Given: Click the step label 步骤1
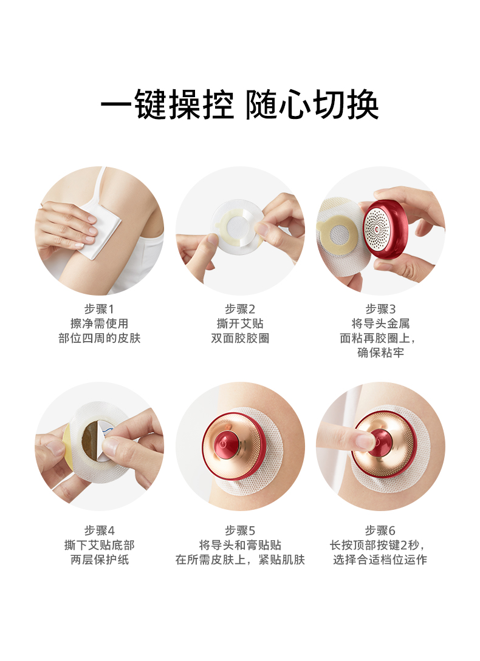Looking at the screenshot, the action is tap(99, 309).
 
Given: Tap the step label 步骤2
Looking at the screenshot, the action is tap(240, 309).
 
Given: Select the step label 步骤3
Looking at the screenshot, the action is tap(380, 309).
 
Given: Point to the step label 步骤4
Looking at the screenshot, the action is tap(99, 530).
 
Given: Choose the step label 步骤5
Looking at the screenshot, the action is tap(240, 530).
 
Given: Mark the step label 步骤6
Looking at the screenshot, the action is tap(380, 530).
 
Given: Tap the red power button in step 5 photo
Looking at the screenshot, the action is tap(224, 442).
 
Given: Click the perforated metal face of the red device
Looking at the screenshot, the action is tap(377, 229).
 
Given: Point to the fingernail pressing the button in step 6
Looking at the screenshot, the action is tap(366, 441).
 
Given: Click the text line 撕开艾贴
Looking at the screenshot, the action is tap(240, 324).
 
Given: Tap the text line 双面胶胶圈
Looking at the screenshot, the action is tap(240, 338).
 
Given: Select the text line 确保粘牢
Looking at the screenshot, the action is tap(380, 353).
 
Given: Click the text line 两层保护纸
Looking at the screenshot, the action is tap(99, 560).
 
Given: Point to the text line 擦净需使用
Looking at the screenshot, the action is tap(99, 324).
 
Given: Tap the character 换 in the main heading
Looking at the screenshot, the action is tap(363, 104).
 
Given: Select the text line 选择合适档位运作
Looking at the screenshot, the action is tap(380, 560).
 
